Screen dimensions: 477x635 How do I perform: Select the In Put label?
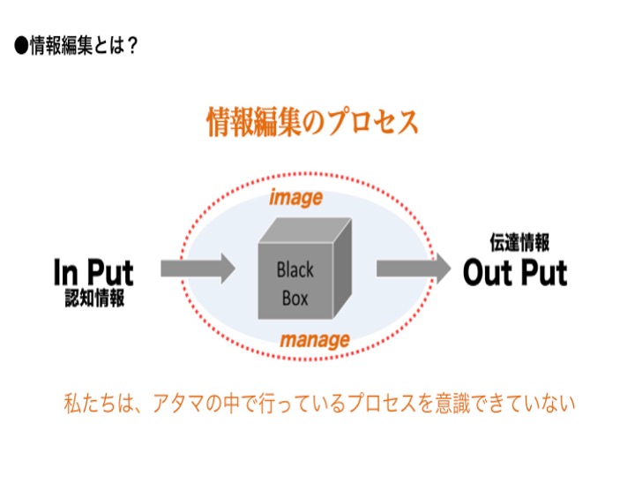(93, 272)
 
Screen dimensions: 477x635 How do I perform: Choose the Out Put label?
(515, 273)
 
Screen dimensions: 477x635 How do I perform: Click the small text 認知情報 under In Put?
(94, 299)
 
